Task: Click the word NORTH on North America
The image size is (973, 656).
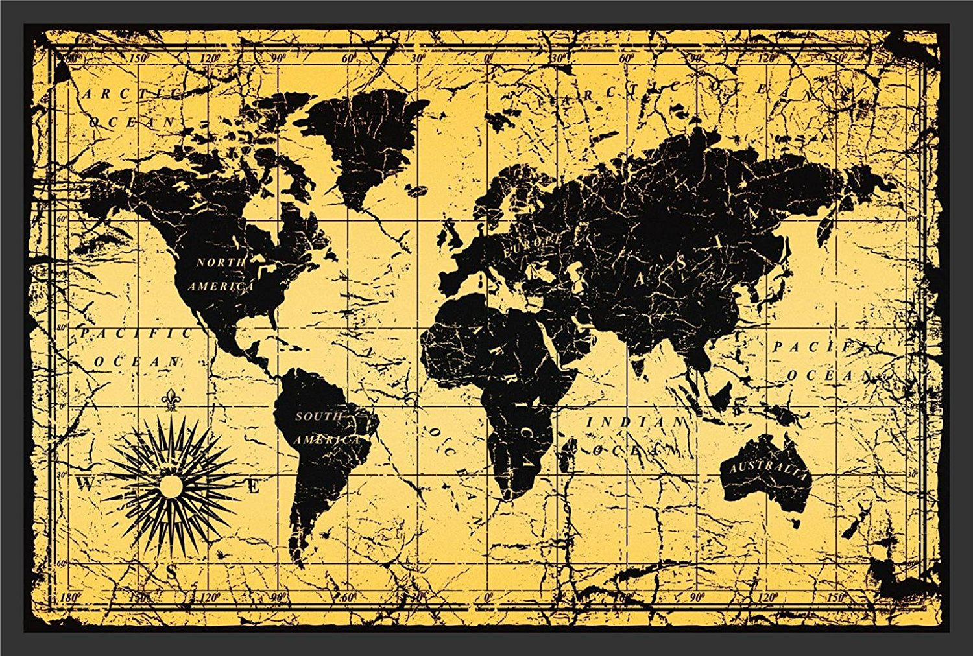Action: [221, 263]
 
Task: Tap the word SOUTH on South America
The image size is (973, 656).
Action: [318, 416]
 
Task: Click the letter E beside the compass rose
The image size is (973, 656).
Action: [256, 485]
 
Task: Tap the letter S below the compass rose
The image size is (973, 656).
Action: [171, 572]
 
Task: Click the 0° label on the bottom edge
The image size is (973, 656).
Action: [488, 595]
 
